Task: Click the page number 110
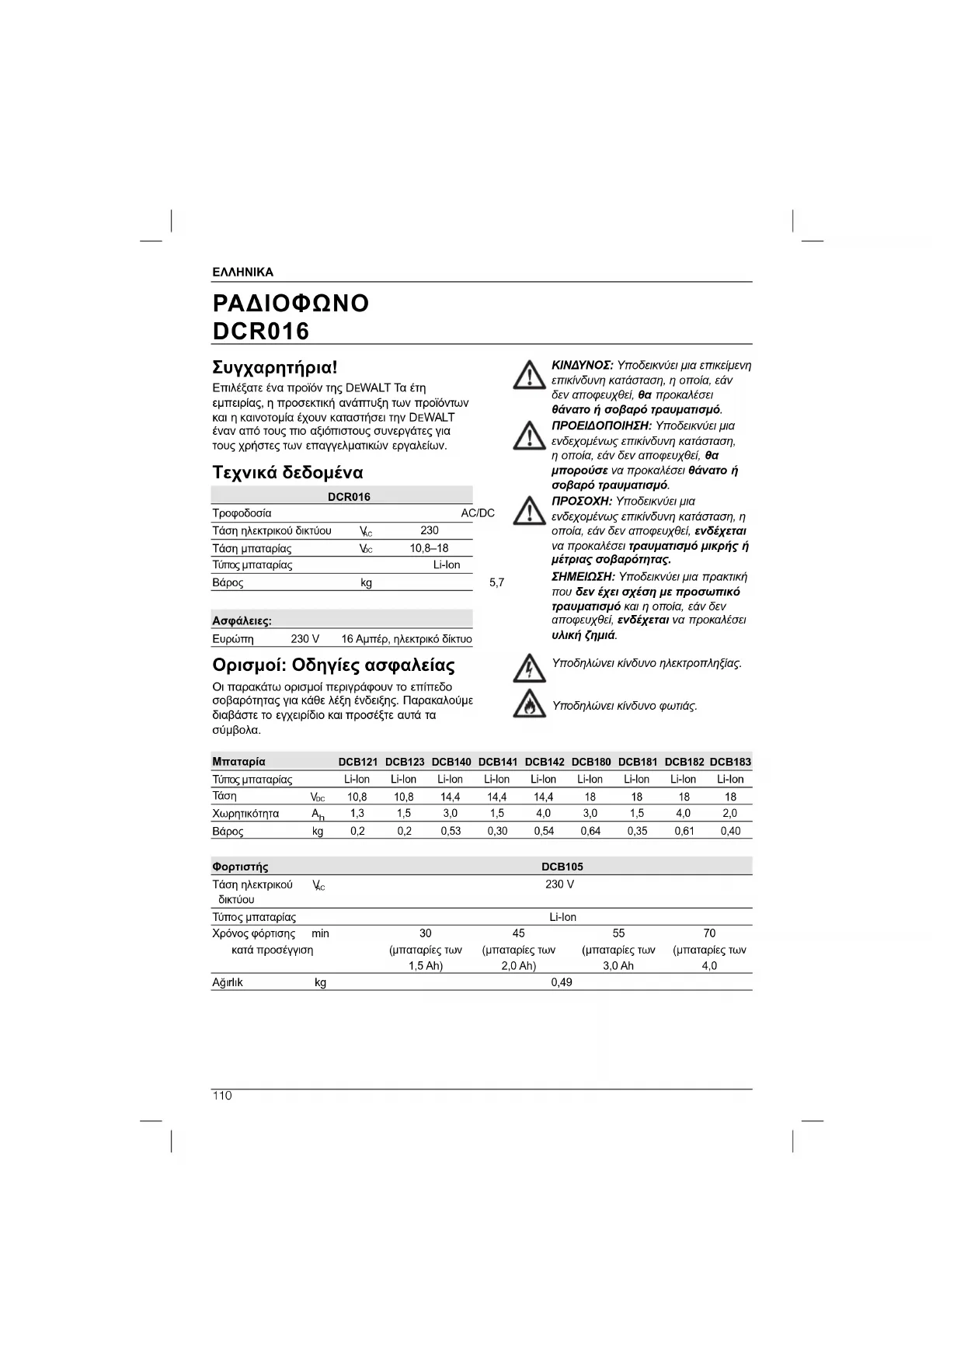222,1096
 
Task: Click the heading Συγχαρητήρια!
275,367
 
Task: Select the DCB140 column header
451,762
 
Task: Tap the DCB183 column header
730,762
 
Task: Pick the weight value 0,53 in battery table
451,831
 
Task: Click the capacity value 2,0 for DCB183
730,813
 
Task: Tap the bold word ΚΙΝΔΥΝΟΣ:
583,365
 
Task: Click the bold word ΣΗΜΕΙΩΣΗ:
583,576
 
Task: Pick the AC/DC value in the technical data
478,513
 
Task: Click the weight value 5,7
496,582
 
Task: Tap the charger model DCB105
562,867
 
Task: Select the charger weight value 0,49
561,982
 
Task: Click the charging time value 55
618,933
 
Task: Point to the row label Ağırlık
228,982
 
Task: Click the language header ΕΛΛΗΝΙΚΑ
242,273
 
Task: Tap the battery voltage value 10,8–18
429,548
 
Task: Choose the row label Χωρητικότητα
245,814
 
